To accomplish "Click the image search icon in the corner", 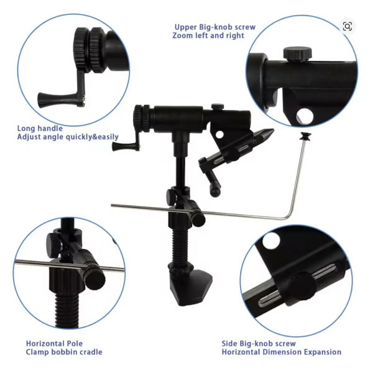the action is [348, 26].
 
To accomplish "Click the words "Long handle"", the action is [40, 129].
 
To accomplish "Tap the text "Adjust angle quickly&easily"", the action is [68, 137].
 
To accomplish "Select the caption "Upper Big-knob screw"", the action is [215, 27].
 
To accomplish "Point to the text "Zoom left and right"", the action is [208, 35].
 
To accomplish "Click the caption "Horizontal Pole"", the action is [54, 344].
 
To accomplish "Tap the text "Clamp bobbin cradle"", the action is [64, 352].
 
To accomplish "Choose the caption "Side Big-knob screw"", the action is [259, 344].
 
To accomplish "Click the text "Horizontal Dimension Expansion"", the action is [282, 352].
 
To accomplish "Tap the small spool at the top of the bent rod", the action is [305, 136].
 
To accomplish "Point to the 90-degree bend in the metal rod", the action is [290, 216].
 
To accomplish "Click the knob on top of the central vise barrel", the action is [218, 106].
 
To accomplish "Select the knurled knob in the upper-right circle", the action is [297, 53].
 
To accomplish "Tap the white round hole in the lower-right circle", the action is [270, 241].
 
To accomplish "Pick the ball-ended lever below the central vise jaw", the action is [214, 183].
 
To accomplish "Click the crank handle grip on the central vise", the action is [123, 146].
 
